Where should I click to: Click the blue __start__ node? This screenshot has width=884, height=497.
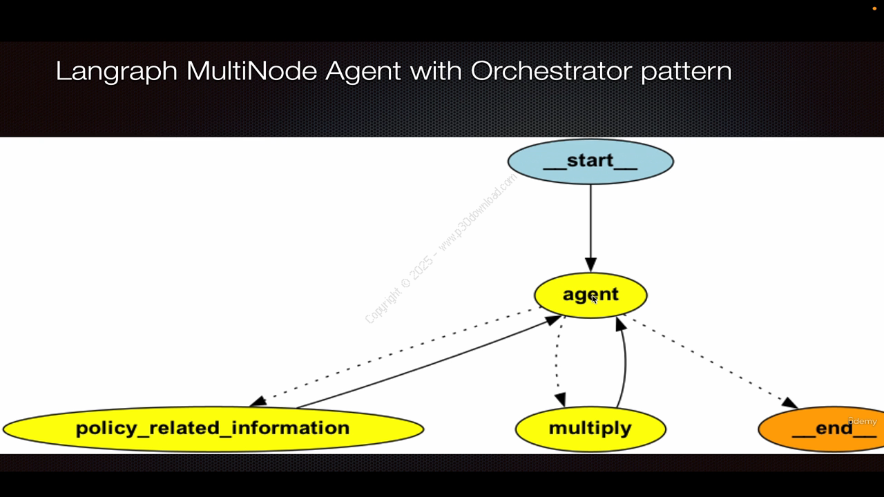(x=590, y=162)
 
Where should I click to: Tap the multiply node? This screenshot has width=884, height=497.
(x=590, y=428)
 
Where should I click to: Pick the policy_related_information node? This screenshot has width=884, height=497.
(x=213, y=429)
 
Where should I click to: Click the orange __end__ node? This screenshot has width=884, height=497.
(x=822, y=429)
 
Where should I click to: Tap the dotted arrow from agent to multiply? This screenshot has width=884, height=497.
(x=556, y=362)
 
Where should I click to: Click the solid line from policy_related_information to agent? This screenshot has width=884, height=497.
(x=428, y=363)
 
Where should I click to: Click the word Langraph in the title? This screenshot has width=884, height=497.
(x=116, y=71)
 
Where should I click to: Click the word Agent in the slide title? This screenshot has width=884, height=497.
(x=363, y=72)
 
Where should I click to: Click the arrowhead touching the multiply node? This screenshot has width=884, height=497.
(x=560, y=400)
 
